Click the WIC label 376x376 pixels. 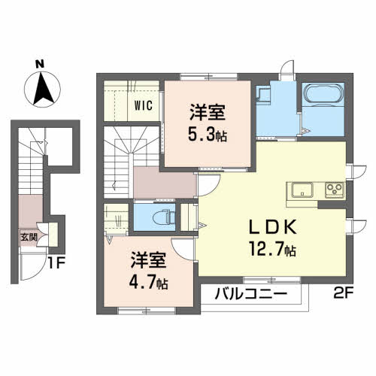144,105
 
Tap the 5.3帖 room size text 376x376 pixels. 208,135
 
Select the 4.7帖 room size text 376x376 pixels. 148,282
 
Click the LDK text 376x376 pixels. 273,226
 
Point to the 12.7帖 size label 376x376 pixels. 272,249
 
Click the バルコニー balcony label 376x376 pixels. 251,293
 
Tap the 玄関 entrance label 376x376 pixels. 29,237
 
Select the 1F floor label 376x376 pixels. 56,263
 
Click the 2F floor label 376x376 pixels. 344,293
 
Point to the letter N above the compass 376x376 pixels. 40,64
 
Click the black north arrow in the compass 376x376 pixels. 43,88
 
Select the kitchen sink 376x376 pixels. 302,190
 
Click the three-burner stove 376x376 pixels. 335,190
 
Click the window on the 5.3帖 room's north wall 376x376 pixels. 208,77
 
